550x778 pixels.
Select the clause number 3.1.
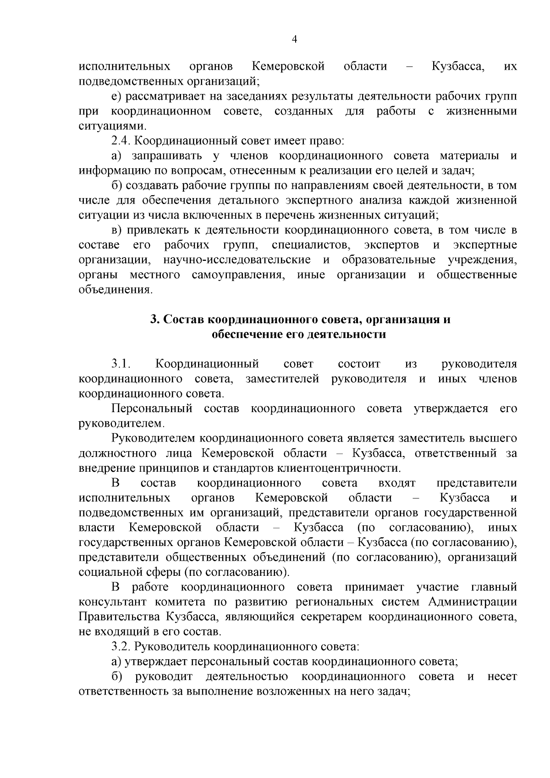[121, 364]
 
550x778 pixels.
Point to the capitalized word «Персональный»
[152, 408]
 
